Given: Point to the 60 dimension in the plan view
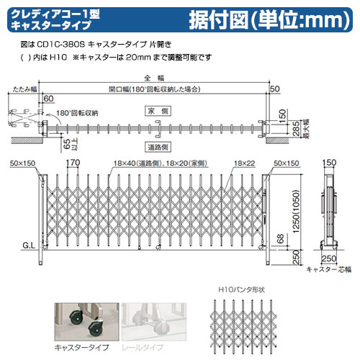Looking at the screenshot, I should [48, 98].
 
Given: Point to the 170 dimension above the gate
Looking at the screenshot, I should [73, 163].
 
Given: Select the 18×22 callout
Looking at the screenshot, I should [244, 163].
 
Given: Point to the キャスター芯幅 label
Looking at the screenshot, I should [328, 269].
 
